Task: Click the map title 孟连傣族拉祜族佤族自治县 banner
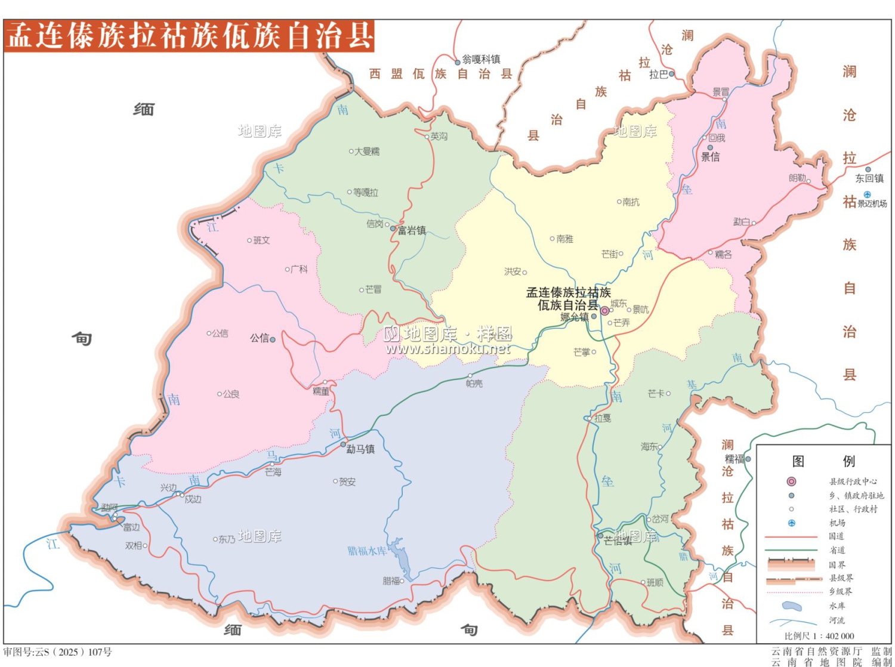[x=189, y=36]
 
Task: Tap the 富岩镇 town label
[x=412, y=230]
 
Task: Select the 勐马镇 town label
[x=360, y=449]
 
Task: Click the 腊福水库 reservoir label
[x=367, y=551]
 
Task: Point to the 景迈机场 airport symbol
[x=867, y=194]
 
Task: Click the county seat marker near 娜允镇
[x=604, y=311]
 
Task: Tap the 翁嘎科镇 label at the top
[x=481, y=59]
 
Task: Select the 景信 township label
[x=710, y=157]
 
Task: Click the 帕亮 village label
[x=474, y=384]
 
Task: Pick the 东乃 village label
[x=226, y=539]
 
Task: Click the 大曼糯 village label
[x=367, y=152]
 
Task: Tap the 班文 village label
[x=261, y=240]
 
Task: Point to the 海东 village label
[x=649, y=446]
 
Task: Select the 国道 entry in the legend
[x=836, y=536]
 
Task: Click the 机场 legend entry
[x=837, y=523]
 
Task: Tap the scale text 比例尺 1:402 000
[x=819, y=636]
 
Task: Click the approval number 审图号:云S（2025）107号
[x=58, y=652]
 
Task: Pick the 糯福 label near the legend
[x=734, y=459]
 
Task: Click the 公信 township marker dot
[x=273, y=339]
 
